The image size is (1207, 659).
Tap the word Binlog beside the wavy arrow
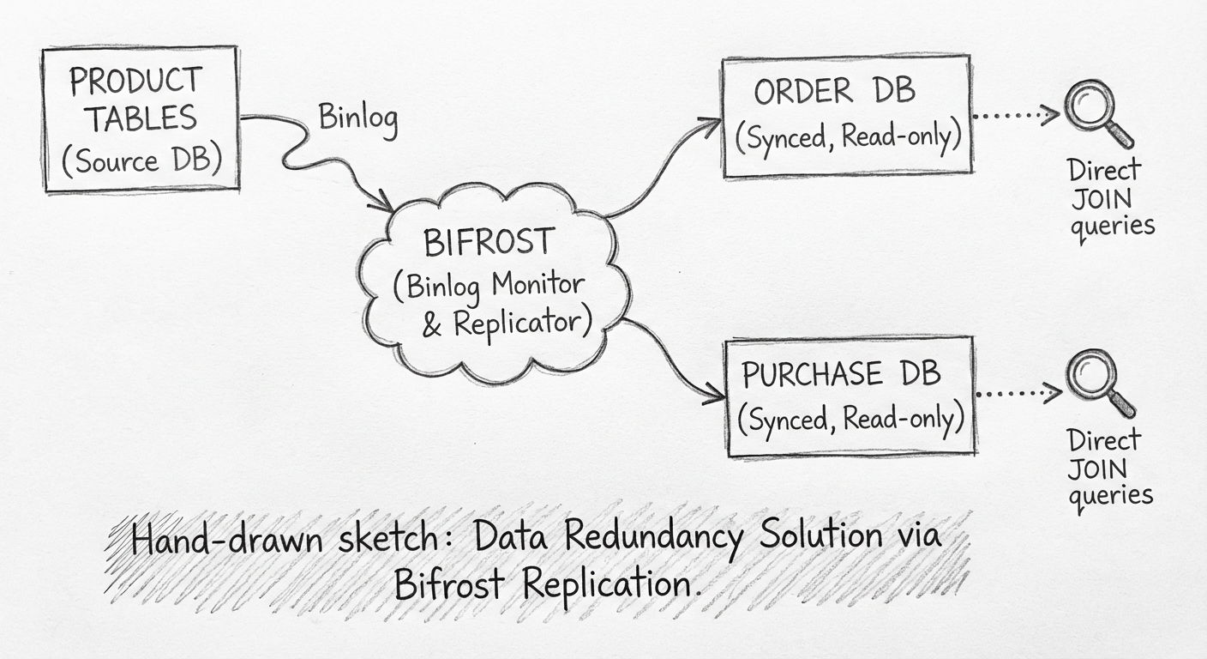point(358,118)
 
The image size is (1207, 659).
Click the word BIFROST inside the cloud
point(489,243)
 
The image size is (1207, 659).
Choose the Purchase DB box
point(850,396)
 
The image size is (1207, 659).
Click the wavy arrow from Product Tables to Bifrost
point(313,154)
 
